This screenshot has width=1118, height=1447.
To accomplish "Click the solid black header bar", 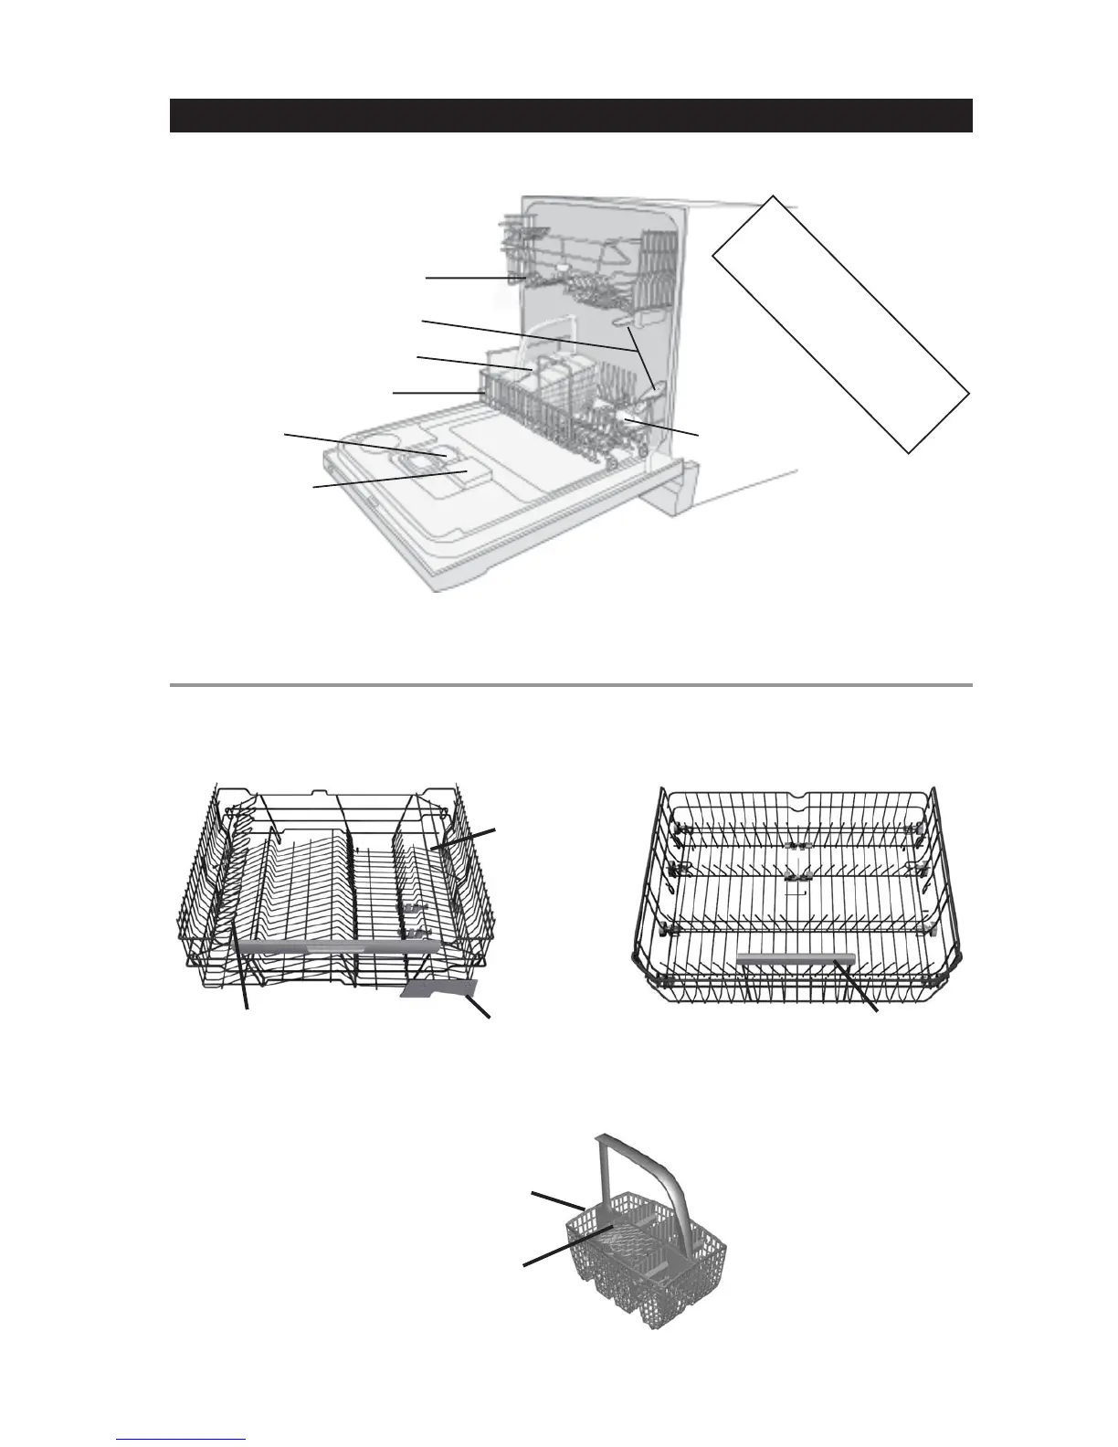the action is coord(570,116).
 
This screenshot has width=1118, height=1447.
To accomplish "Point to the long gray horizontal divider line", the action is coord(570,684).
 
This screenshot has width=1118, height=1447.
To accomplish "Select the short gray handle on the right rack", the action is coord(796,958).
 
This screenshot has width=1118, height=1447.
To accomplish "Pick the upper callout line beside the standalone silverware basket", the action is coord(558,1200).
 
